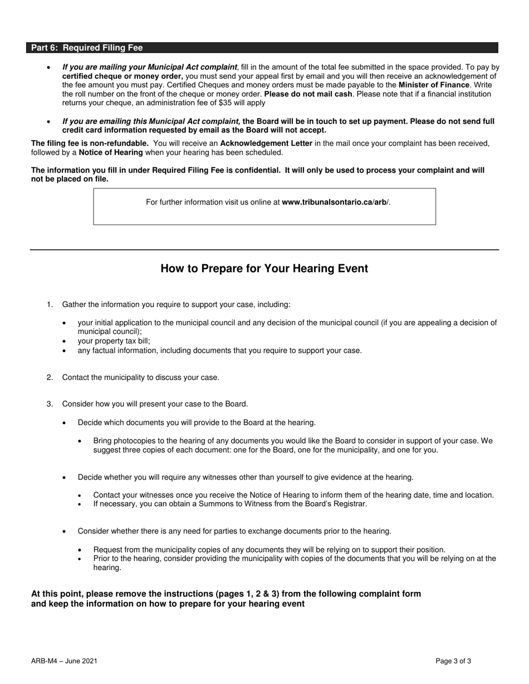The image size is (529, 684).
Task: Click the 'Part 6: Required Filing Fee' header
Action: (86, 48)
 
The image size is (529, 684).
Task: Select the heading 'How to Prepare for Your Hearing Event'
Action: (264, 269)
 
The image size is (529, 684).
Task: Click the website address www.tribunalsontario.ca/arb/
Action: (336, 202)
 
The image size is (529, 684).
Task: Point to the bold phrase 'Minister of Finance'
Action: (434, 85)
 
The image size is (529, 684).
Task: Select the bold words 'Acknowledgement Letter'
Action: (266, 143)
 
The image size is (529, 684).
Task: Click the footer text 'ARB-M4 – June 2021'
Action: (65, 661)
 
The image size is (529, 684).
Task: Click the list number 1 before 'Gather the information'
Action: (50, 305)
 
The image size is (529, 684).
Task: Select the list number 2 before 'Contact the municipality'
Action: (50, 378)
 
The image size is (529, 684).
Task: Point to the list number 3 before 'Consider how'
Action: (50, 404)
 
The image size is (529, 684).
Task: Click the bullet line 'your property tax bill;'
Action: (114, 341)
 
